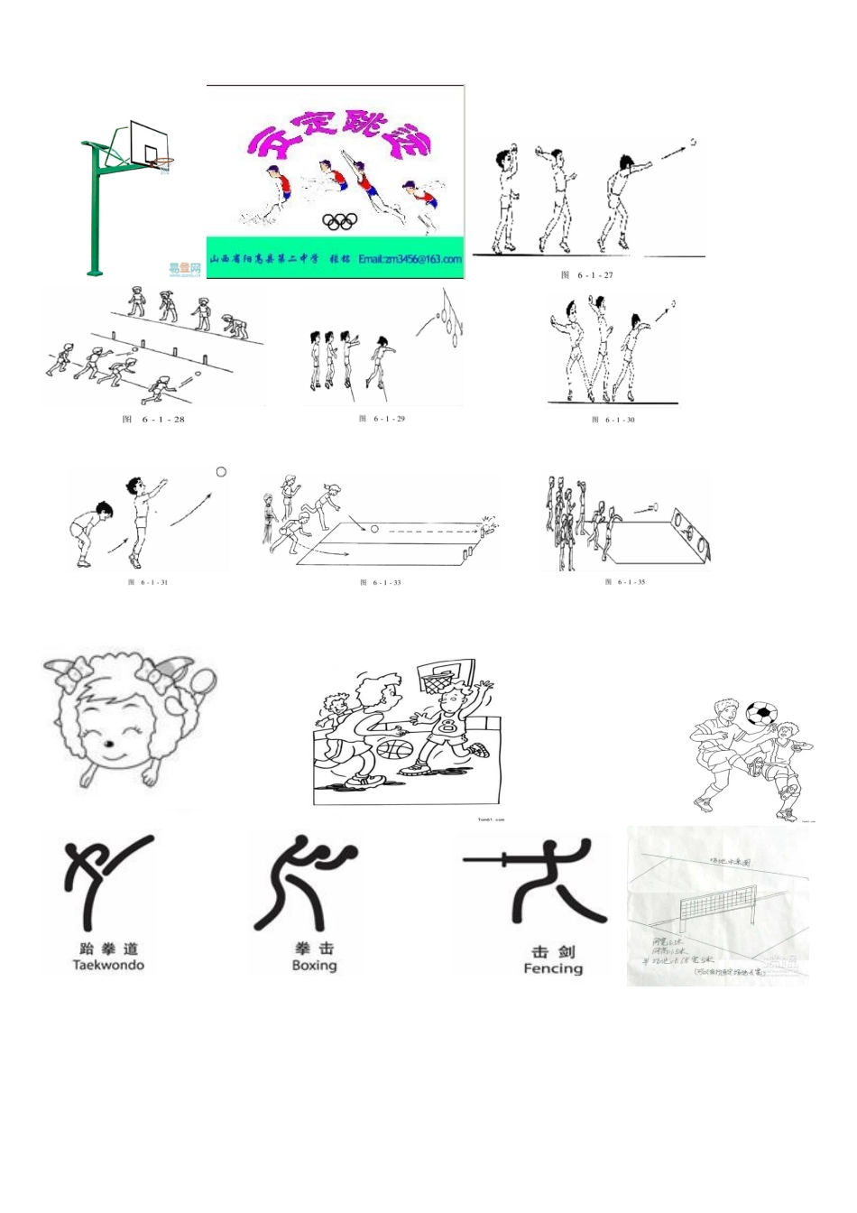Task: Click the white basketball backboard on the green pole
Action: click(147, 142)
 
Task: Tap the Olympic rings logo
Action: click(340, 220)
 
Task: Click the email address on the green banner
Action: click(410, 259)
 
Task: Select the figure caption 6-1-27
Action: click(587, 275)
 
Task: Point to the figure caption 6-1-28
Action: click(153, 420)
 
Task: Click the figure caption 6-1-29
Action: click(382, 419)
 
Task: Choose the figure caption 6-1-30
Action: click(613, 420)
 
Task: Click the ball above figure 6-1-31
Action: click(221, 472)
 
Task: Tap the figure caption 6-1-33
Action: click(381, 583)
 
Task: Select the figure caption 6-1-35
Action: click(625, 582)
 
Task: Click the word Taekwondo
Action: click(108, 965)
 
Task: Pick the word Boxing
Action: click(314, 966)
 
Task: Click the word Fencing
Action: click(553, 968)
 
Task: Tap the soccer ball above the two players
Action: click(761, 713)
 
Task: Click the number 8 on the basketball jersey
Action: click(448, 725)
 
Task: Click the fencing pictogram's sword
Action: click(497, 859)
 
